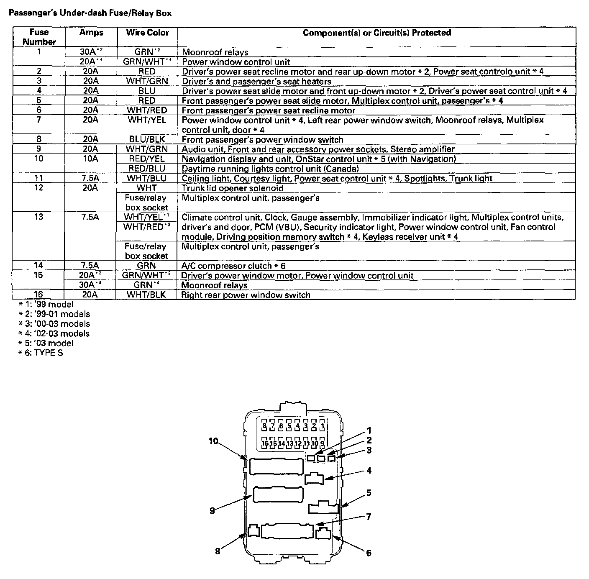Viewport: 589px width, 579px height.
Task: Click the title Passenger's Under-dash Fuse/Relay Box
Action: point(90,13)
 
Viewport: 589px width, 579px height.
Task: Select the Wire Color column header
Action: point(147,33)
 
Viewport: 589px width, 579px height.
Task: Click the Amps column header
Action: point(91,33)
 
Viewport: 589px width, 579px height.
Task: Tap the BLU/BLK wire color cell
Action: point(147,139)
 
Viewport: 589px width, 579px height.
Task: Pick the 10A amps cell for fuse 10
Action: point(90,159)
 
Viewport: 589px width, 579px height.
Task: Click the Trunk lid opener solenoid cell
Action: point(232,188)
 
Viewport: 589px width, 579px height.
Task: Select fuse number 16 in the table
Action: point(38,295)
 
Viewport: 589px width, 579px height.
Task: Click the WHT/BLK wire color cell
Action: point(147,295)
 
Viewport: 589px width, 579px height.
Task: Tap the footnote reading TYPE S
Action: point(41,353)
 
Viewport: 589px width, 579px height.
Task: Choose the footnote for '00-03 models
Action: point(54,324)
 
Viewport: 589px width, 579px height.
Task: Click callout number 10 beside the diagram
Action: point(214,441)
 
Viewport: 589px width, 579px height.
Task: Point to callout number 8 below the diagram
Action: point(218,551)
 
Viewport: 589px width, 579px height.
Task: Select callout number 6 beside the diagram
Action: point(369,553)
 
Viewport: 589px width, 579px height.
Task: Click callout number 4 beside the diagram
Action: point(369,471)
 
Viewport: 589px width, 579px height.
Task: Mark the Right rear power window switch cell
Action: point(246,295)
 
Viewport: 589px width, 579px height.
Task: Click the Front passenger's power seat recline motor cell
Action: point(268,110)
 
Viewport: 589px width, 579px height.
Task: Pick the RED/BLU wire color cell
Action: point(147,169)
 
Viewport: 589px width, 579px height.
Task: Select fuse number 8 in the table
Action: point(38,139)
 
